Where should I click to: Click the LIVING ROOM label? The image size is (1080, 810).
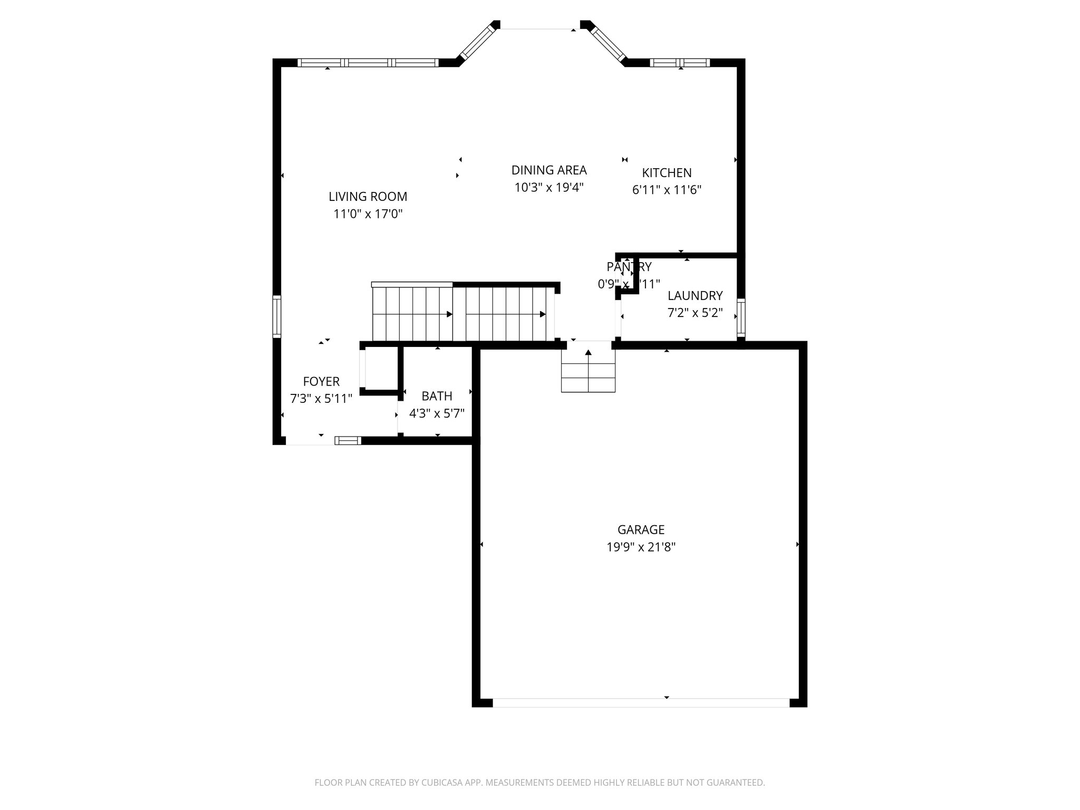368,197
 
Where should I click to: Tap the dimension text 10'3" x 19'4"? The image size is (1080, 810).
549,187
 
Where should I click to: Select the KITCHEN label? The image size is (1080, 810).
667,172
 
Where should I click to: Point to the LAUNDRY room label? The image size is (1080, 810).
695,295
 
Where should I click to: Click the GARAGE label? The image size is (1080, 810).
641,529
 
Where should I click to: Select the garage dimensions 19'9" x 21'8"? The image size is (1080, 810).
641,547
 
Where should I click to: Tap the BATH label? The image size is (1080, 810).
437,396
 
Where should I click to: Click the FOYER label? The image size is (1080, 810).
321,381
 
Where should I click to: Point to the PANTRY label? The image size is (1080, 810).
629,267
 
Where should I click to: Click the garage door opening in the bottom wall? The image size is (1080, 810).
641,702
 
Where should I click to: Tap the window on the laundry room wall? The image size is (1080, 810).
741,317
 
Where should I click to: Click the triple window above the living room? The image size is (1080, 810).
368,63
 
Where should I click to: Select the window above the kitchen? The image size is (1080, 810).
680,63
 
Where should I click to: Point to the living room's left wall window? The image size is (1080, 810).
276,316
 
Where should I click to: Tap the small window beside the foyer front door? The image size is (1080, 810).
348,440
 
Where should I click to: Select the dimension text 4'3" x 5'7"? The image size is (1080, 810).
437,413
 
